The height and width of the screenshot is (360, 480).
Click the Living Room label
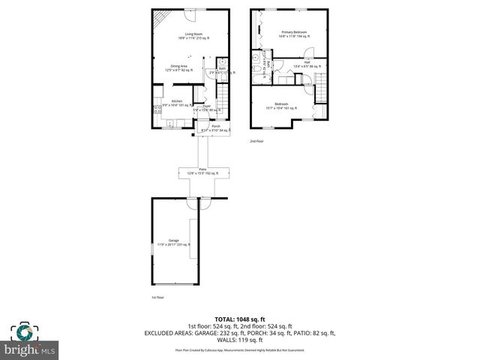point(191,34)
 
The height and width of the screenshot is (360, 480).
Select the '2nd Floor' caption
point(256,140)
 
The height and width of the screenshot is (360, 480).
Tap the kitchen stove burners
point(157,109)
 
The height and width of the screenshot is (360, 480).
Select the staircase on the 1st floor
point(221,95)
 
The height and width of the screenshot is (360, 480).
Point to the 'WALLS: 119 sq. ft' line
point(240,338)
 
